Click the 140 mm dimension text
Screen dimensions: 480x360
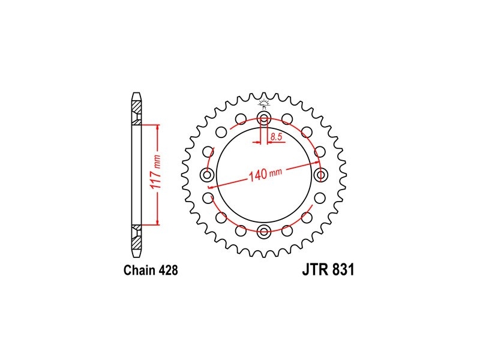point(265,175)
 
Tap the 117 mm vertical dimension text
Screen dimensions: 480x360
point(157,174)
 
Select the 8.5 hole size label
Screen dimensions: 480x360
point(276,137)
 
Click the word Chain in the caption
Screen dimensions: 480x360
point(140,270)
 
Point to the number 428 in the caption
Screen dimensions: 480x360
point(169,270)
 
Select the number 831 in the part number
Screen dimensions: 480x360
point(343,269)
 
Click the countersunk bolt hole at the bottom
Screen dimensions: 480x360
point(263,232)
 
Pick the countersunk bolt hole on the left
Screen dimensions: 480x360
point(206,175)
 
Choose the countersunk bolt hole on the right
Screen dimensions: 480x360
point(321,175)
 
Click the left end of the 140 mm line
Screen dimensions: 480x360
point(208,187)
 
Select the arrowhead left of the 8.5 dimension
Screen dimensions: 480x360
point(257,142)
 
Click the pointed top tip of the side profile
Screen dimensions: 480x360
point(137,93)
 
